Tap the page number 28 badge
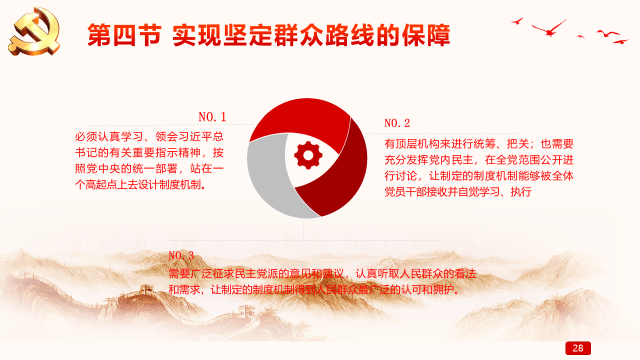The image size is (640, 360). point(578,348)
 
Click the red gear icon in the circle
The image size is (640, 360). point(308,155)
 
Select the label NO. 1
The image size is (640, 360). point(212,117)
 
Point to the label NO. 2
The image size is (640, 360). point(397,123)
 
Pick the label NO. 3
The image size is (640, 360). point(181,255)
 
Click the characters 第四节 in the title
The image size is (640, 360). point(124,35)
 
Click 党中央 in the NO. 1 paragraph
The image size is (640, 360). point(103,168)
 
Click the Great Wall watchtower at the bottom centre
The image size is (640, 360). point(247,311)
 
